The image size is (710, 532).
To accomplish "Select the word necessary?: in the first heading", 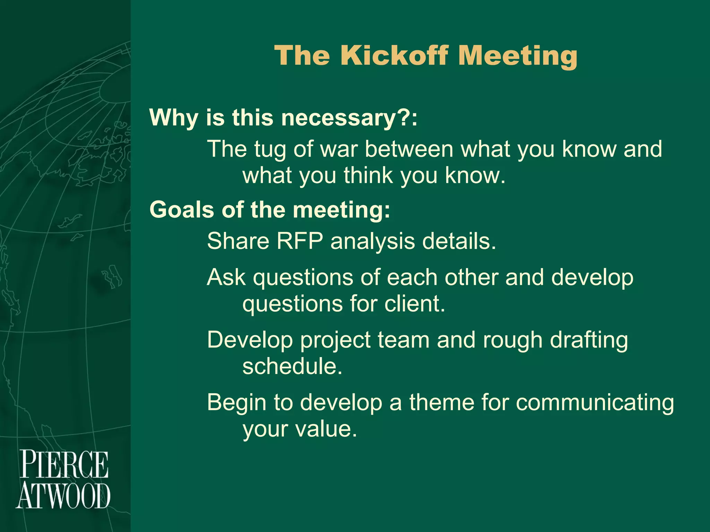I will [x=349, y=118].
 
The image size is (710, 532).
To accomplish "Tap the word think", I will [x=369, y=176].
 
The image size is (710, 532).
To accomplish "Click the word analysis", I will [x=372, y=242].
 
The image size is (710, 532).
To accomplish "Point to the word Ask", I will [x=226, y=277].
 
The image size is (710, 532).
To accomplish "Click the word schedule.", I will [x=292, y=366].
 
